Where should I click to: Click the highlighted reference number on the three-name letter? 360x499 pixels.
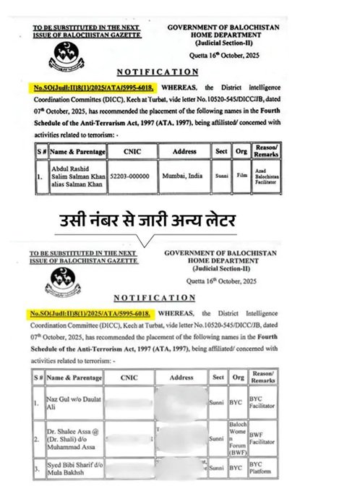[90, 315]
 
